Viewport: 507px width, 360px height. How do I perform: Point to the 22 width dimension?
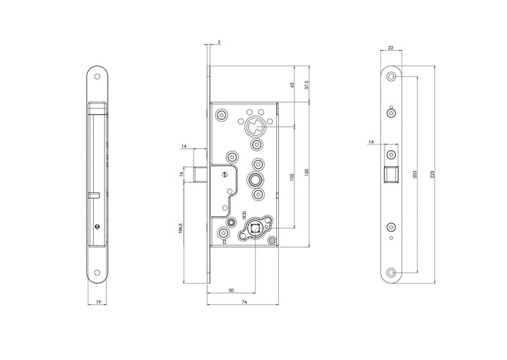pos(391,49)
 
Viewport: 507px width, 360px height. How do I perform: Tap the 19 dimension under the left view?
pos(98,302)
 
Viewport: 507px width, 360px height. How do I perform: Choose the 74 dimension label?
pos(243,302)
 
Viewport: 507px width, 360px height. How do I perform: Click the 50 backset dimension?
pos(231,290)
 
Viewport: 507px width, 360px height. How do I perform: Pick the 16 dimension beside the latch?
pos(182,173)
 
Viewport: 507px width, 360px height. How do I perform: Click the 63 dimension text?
pos(293,85)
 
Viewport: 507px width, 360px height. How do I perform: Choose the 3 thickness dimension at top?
pos(219,42)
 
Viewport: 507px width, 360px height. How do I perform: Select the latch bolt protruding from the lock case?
pos(199,173)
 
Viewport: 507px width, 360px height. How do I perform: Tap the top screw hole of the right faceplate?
pos(392,76)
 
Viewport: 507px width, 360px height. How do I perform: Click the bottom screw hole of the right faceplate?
pos(392,272)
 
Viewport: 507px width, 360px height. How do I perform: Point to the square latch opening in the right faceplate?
pos(392,173)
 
